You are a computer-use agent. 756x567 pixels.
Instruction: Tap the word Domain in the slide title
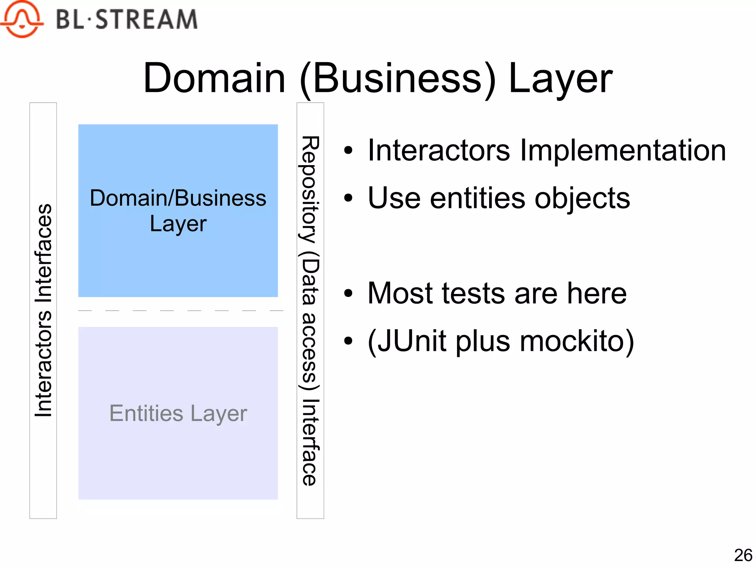(214, 78)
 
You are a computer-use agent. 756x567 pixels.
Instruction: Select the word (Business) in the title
(398, 78)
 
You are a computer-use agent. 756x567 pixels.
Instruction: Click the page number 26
(743, 555)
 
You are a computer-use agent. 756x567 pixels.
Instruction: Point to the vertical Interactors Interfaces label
(43, 310)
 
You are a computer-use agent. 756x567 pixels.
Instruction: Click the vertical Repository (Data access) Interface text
(310, 310)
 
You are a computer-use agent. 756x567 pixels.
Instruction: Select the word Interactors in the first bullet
(439, 151)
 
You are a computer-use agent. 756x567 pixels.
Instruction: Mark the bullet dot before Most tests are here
(348, 294)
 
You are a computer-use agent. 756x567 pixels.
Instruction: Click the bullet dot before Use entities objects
(348, 198)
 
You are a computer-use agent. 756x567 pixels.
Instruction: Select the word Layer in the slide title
(560, 78)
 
